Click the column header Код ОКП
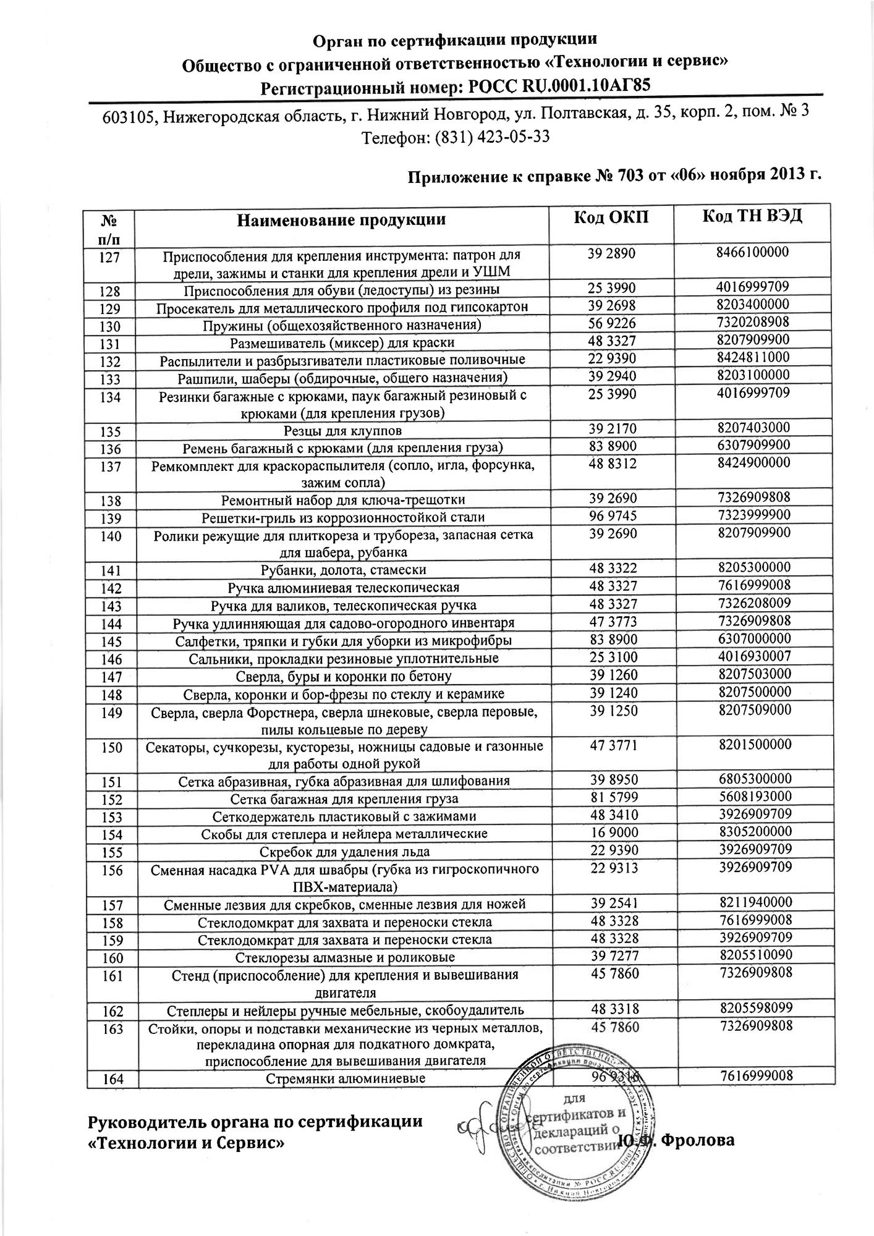click(612, 218)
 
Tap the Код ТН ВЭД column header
click(753, 217)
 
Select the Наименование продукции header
click(342, 221)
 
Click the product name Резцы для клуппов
click(342, 430)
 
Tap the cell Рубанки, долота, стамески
click(344, 569)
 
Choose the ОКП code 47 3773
click(613, 620)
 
